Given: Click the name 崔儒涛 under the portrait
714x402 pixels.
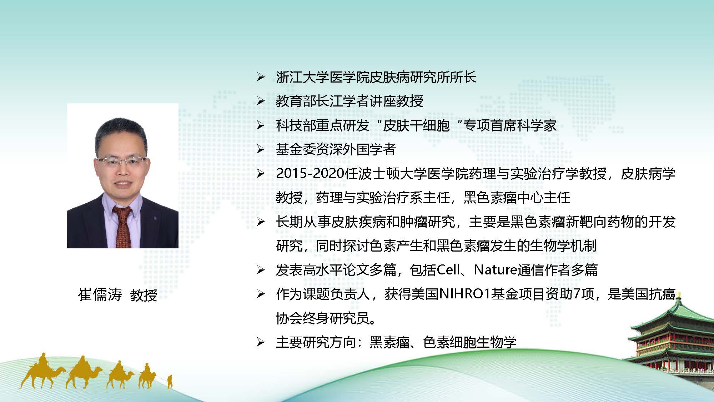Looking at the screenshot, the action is click(100, 295).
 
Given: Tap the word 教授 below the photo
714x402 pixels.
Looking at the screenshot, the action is click(144, 295).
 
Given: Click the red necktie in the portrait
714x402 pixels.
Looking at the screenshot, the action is click(122, 227).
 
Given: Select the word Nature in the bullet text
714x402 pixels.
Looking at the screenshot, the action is click(496, 270).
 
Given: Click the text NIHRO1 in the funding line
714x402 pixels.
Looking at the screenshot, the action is click(464, 294).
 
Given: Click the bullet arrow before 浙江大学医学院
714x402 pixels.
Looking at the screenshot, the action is click(260, 77).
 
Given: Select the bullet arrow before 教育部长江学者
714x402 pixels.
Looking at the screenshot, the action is click(260, 101).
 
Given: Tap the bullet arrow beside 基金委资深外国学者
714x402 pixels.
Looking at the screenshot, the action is click(260, 149).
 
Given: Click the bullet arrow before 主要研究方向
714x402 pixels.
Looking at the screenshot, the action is click(260, 342).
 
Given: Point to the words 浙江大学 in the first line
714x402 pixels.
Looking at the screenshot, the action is click(303, 77).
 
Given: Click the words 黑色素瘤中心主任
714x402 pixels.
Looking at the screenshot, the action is click(517, 198).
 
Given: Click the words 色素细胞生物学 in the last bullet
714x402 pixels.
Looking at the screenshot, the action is click(470, 342).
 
